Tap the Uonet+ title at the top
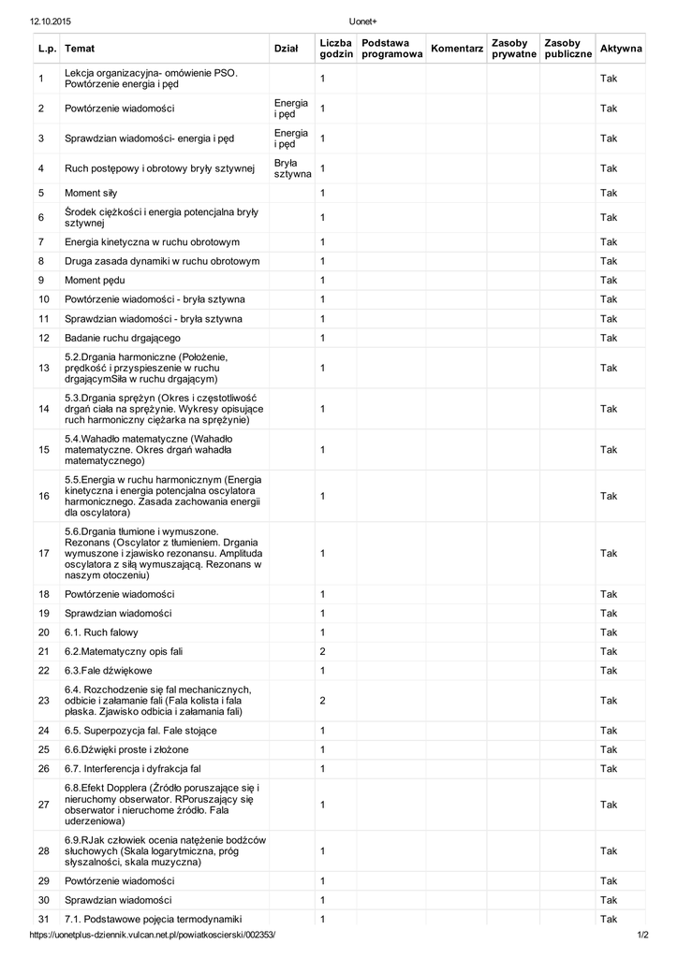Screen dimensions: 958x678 362,21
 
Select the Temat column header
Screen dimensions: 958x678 80,49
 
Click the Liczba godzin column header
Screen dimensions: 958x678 335,49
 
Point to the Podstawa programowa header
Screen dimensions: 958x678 391,49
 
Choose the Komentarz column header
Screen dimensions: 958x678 456,49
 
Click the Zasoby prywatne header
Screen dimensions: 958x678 513,49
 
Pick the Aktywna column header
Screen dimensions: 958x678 621,49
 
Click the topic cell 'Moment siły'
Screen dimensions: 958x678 91,193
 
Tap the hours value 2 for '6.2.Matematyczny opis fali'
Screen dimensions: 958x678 322,651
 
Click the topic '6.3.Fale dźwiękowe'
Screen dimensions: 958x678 109,671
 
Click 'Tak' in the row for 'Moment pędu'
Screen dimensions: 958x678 609,281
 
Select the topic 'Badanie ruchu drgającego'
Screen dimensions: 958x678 123,338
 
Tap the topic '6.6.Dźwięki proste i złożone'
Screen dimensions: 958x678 126,749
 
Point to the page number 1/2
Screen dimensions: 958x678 642,936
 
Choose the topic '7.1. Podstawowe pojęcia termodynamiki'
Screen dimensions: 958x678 154,919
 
